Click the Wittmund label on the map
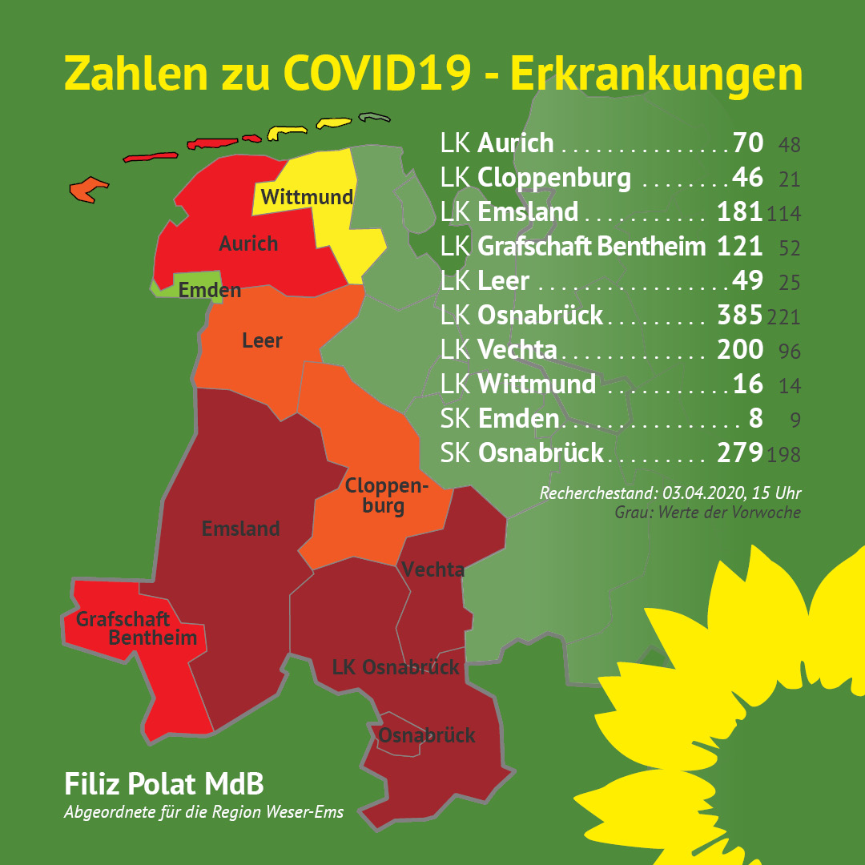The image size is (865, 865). pyautogui.click(x=307, y=197)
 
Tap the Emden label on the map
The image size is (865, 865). pyautogui.click(x=210, y=290)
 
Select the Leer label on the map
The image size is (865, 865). pyautogui.click(x=262, y=341)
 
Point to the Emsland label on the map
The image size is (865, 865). pyautogui.click(x=240, y=529)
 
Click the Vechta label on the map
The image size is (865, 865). pyautogui.click(x=433, y=569)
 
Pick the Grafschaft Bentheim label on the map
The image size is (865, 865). pyautogui.click(x=136, y=629)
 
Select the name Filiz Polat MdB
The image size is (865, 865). pyautogui.click(x=163, y=783)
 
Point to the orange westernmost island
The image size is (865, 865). pyautogui.click(x=87, y=189)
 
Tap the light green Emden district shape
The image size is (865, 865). pyautogui.click(x=163, y=288)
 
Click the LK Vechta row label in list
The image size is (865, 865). pyautogui.click(x=498, y=350)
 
